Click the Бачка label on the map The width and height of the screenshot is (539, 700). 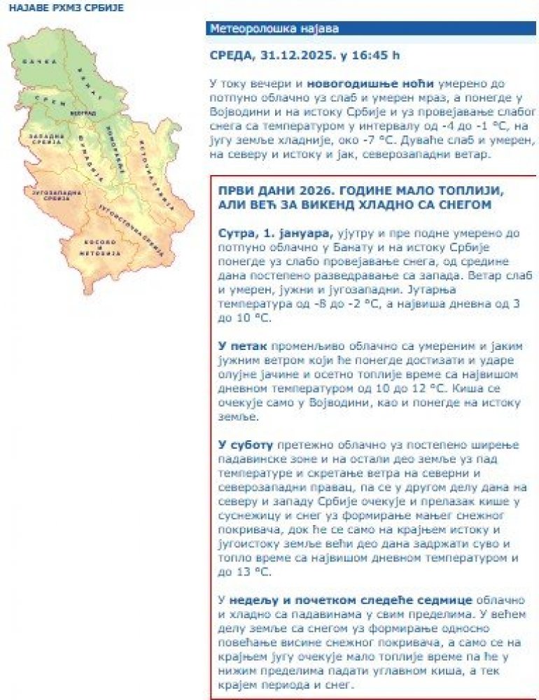click(39, 62)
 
